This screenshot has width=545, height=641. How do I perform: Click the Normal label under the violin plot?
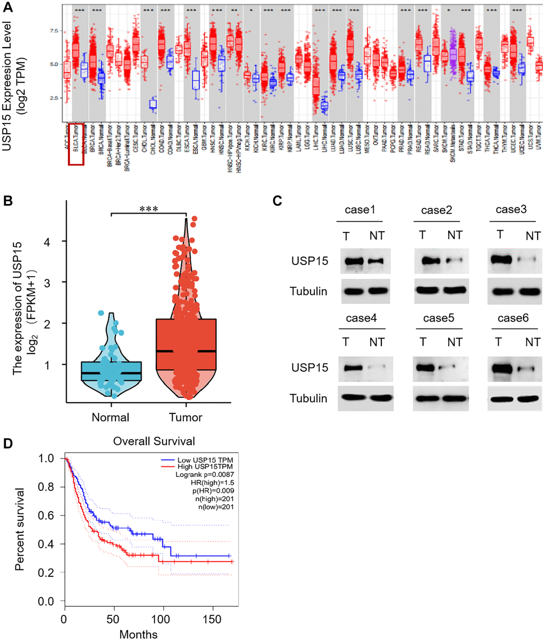coord(111,417)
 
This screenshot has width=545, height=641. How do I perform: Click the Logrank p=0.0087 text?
coord(205,474)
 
